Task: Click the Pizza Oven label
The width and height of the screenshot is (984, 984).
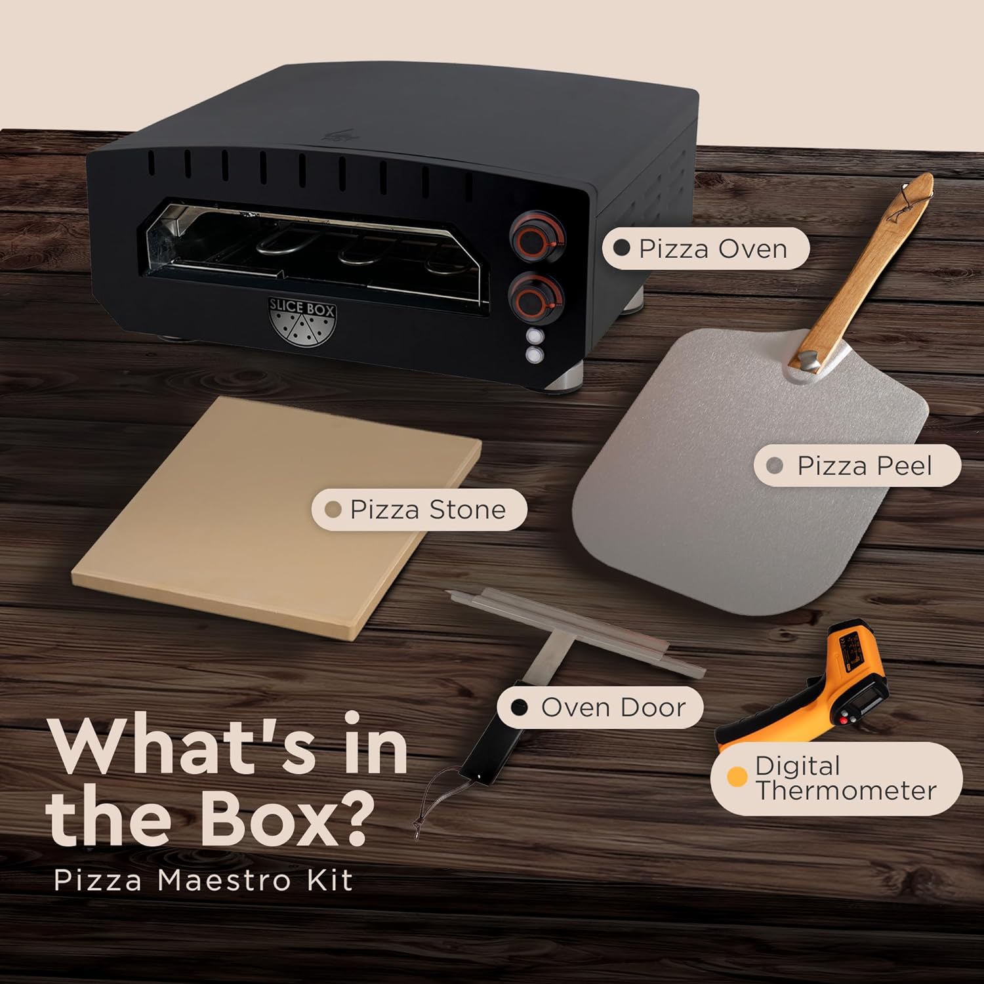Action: pyautogui.click(x=705, y=249)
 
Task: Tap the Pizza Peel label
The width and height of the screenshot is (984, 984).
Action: pyautogui.click(x=857, y=465)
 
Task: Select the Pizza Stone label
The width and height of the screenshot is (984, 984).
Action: pyautogui.click(x=419, y=510)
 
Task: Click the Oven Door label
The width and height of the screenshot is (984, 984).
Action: pyautogui.click(x=600, y=707)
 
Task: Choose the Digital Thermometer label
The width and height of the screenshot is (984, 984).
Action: pyautogui.click(x=836, y=779)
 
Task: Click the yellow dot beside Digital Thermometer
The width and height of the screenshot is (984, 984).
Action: pyautogui.click(x=737, y=778)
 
